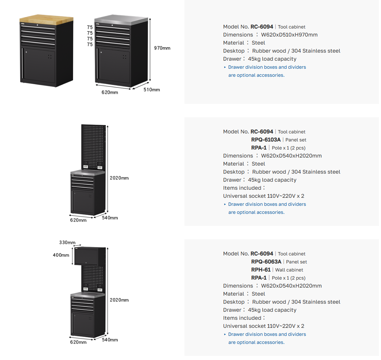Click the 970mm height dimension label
point(162,48)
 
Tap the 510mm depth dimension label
point(152,89)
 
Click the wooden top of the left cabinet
point(46,19)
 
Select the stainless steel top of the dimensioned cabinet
point(121,20)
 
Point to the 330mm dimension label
point(67,242)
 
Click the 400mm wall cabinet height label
point(61,255)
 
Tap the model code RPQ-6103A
point(266,140)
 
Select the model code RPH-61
point(261,269)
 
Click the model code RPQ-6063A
point(266,261)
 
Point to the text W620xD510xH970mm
point(289,35)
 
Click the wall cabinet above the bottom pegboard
point(87,256)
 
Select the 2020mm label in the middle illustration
point(119,178)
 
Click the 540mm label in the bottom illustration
point(110,340)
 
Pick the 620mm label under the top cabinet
point(110,92)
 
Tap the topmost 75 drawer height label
point(90,27)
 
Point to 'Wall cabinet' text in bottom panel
point(289,270)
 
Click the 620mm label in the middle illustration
point(78,220)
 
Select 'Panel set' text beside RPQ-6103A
point(296,140)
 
